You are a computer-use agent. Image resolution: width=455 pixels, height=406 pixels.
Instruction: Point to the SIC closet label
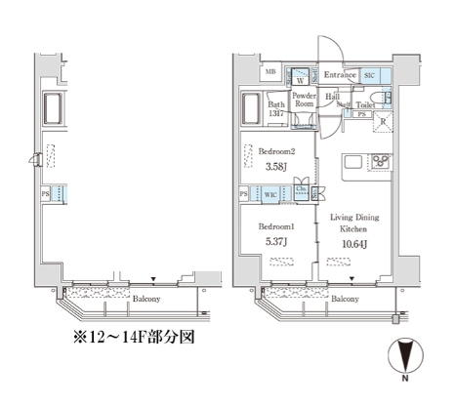point(370,75)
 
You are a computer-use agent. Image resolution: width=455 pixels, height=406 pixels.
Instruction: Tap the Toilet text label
point(365,103)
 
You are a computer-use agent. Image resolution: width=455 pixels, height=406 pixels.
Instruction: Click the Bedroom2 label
point(276,153)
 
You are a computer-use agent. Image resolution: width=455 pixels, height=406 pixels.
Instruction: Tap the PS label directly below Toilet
point(362,115)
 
